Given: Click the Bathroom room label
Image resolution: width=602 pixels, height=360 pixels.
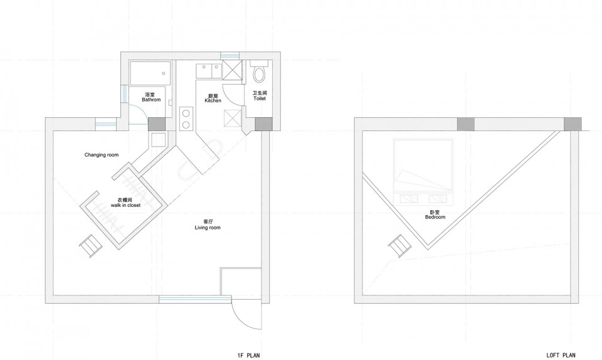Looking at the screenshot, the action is click(151, 100).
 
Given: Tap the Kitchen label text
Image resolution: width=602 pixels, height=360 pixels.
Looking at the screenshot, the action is click(213, 100).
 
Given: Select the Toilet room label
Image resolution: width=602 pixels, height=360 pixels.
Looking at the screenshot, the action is click(260, 98).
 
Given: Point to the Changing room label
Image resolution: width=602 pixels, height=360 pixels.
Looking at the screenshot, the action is click(102, 155).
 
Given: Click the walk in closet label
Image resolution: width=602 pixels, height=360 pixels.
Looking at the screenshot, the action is click(125, 205).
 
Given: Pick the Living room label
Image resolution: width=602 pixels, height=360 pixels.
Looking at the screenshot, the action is click(208, 228).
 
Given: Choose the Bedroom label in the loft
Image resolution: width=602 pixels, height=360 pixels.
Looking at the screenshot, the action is click(435, 217).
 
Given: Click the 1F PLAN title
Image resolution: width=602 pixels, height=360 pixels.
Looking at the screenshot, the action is click(249, 356).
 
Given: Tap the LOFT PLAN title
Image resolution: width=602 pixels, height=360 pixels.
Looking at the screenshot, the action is click(561, 356).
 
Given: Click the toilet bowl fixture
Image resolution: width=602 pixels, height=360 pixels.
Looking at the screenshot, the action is click(260, 73).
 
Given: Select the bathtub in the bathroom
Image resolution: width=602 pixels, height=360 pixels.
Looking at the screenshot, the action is click(150, 73).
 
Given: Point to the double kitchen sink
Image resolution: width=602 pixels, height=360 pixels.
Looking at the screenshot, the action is click(209, 71).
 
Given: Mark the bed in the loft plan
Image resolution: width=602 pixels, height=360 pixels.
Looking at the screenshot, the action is click(422, 172).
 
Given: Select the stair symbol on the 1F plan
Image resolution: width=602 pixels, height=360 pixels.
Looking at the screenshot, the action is click(90, 245).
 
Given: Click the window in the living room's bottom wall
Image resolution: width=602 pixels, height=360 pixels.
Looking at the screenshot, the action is click(190, 299).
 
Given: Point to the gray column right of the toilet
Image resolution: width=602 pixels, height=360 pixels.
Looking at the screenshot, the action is click(264, 124).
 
